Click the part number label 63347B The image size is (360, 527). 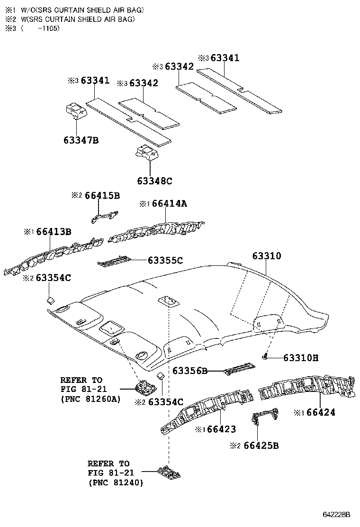81,140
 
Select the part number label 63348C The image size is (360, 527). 154,181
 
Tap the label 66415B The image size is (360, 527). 102,196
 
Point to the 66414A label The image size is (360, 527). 170,203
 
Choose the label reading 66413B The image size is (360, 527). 54,231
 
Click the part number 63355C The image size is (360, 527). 165,260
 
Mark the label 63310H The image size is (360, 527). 301,358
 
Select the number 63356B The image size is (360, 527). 189,371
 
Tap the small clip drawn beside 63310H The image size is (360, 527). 266,356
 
